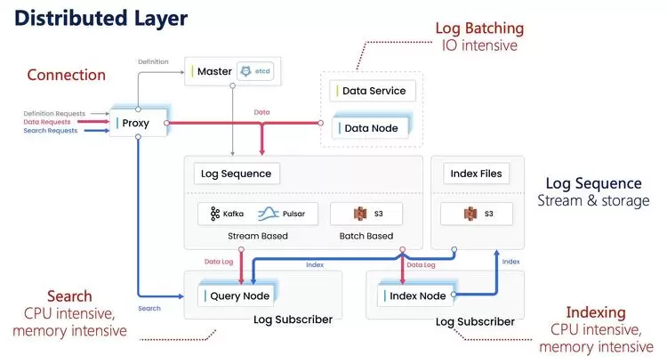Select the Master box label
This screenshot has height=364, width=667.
tap(213, 71)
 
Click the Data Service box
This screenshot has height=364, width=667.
tap(372, 91)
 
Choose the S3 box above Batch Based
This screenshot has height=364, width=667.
tap(366, 214)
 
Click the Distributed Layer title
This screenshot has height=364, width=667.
tap(100, 18)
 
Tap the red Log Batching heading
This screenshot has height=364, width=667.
tap(479, 28)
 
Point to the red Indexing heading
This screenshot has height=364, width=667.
tap(595, 312)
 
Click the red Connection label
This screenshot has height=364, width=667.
tap(66, 75)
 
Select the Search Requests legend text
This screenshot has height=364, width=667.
tap(51, 131)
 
